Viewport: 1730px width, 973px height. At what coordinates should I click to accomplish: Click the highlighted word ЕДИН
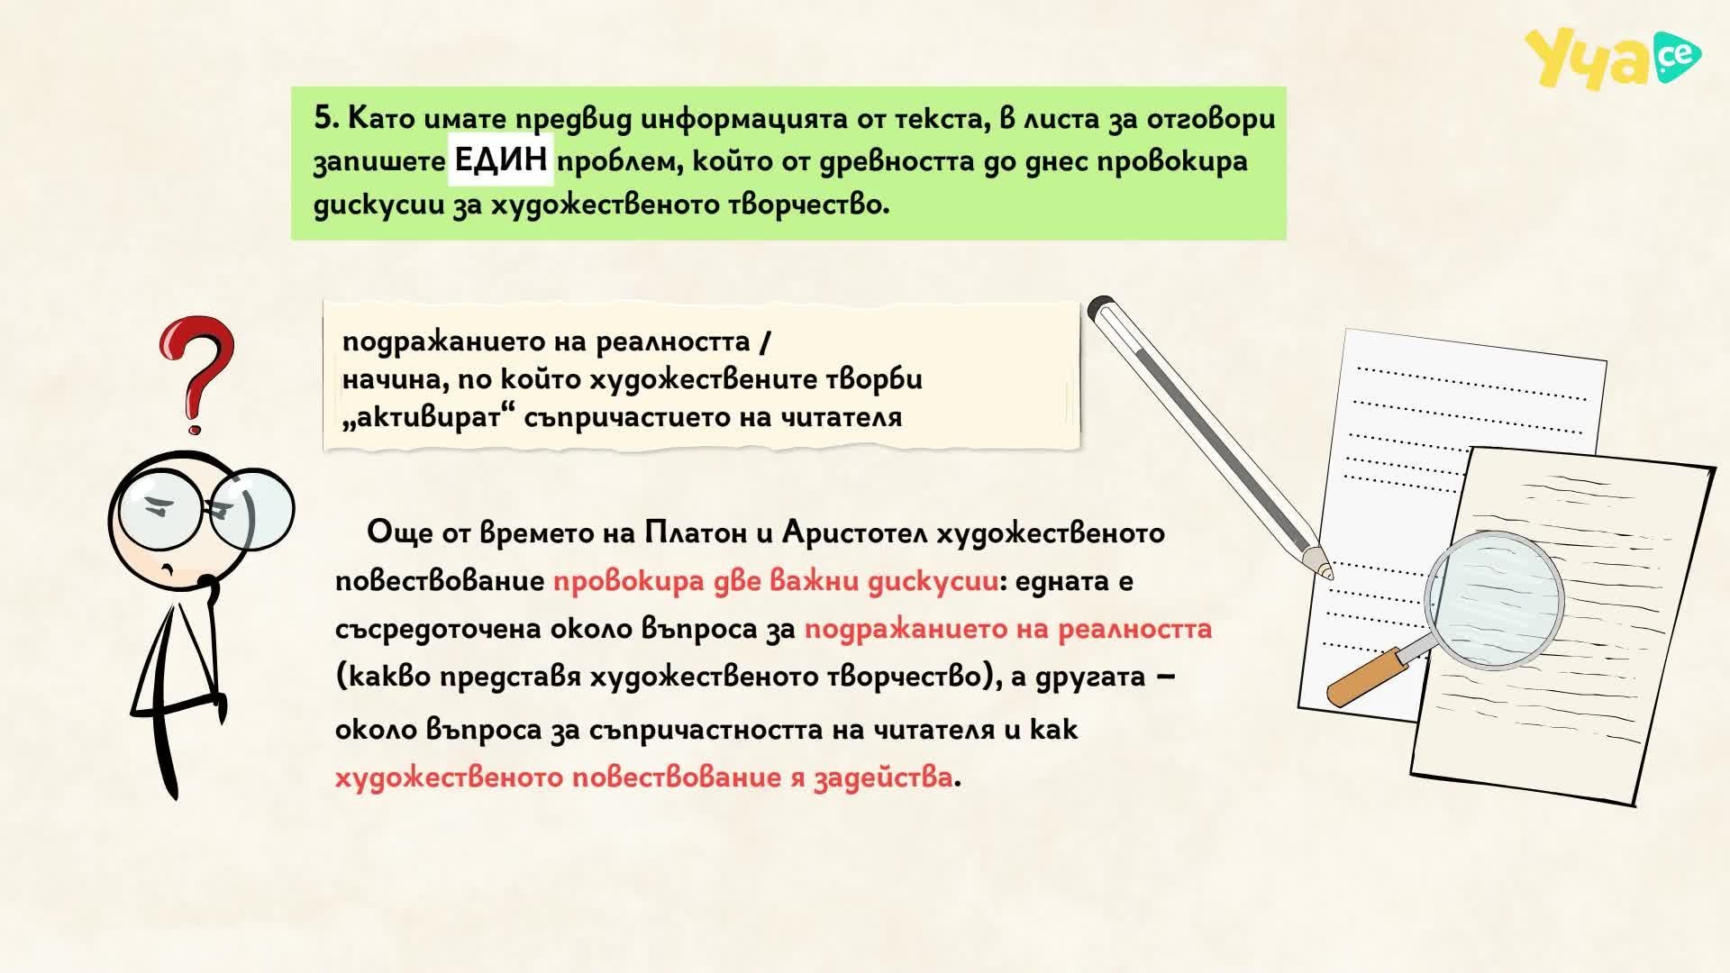tap(501, 160)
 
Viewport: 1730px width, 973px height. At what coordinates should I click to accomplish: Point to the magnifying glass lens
tap(1494, 601)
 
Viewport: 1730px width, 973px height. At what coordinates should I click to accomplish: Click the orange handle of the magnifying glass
tap(1366, 677)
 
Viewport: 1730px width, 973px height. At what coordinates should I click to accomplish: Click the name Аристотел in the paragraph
tap(855, 533)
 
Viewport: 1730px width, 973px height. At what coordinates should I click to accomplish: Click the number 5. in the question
tap(326, 118)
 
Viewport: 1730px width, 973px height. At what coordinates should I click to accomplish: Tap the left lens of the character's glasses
tap(159, 506)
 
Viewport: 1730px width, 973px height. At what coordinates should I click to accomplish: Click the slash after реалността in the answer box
tap(765, 341)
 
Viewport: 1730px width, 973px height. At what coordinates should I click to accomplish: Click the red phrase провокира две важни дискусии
tap(776, 581)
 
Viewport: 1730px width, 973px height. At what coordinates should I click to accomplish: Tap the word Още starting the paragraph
tap(400, 532)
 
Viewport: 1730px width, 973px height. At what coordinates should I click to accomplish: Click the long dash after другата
tap(1164, 676)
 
